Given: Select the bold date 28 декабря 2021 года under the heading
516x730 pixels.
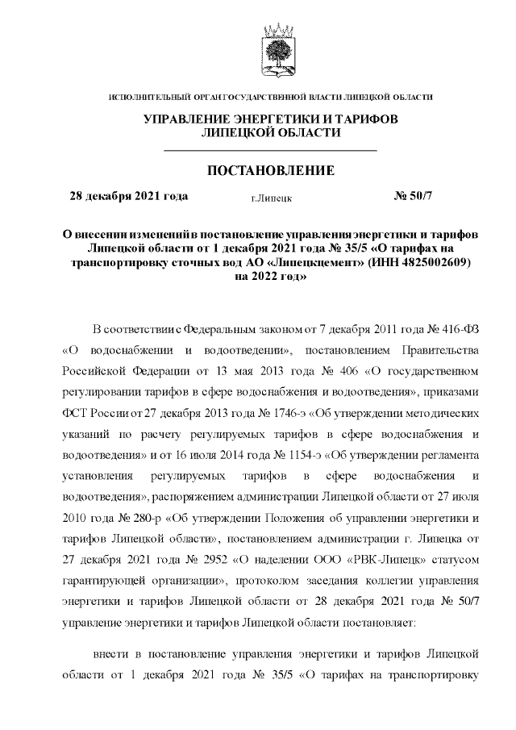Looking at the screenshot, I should point(129,196).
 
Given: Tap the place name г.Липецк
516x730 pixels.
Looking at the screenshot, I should point(271,198).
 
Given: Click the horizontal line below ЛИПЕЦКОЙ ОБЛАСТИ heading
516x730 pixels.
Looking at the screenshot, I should point(270,150).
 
